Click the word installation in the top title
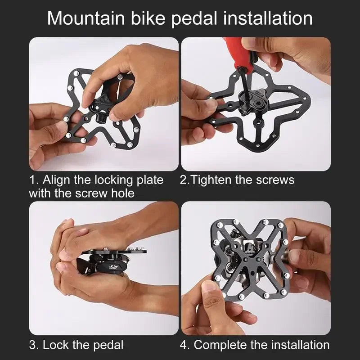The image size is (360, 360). pos(266,18)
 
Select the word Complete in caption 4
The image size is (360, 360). pos(219,345)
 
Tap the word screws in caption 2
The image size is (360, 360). pos(276,180)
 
